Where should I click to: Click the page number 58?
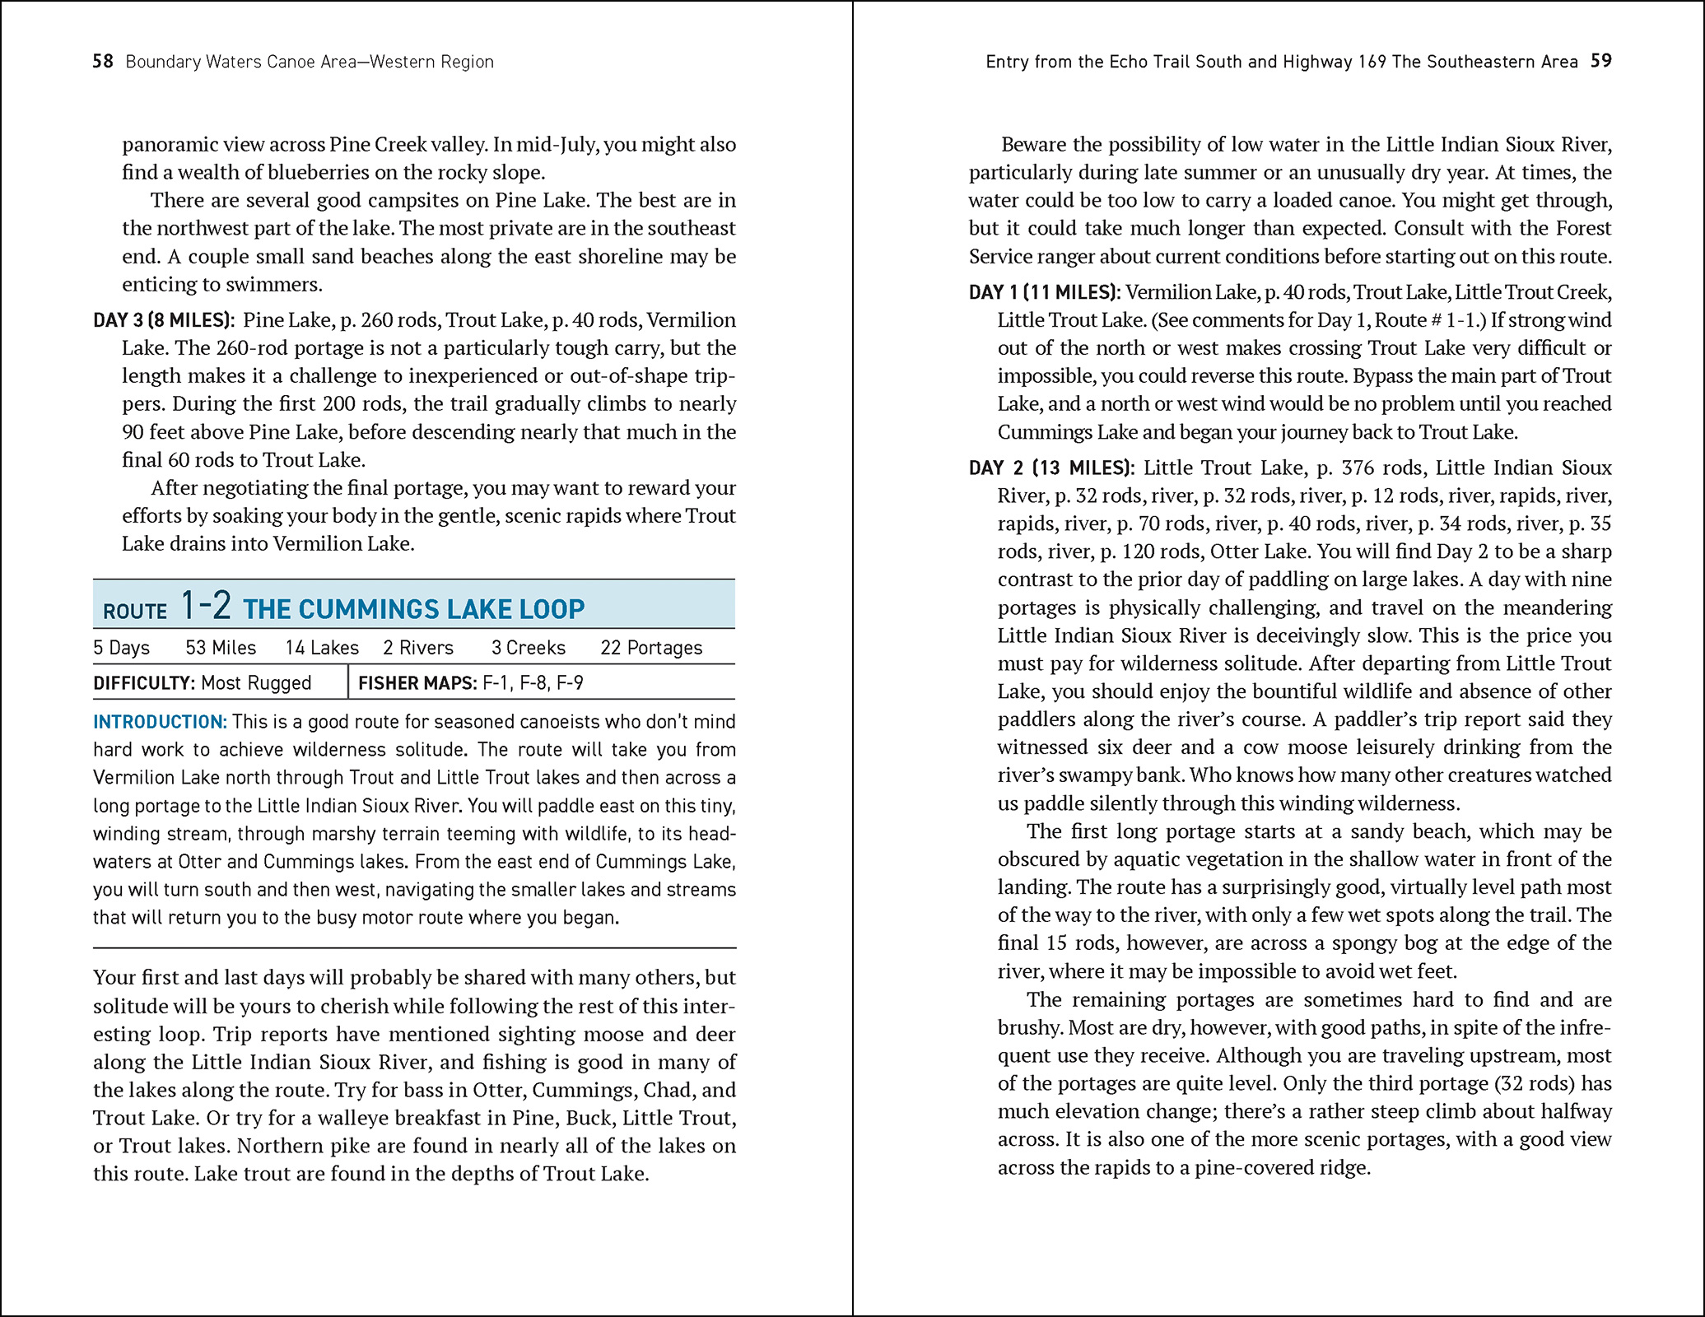103,62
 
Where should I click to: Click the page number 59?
1600,61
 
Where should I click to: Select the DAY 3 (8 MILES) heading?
164,320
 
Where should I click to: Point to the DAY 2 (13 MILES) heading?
1051,468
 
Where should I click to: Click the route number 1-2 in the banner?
206,606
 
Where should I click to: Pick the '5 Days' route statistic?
121,648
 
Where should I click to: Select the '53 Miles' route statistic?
221,648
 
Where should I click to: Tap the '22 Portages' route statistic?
651,648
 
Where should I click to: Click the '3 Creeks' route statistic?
529,648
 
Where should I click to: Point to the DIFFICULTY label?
143,683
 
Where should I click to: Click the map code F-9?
570,683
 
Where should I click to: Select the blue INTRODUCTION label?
160,722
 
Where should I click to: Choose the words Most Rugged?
256,683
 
